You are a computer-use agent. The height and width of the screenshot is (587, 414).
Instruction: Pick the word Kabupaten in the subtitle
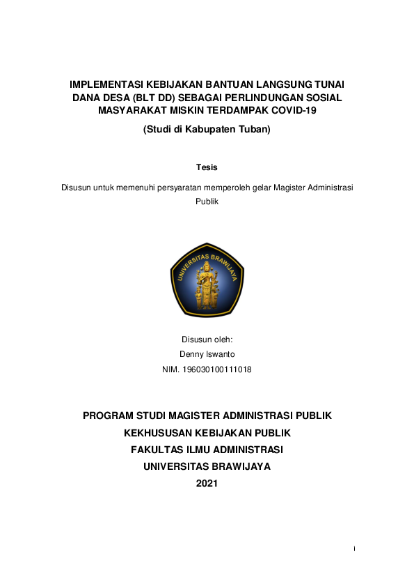[206, 129]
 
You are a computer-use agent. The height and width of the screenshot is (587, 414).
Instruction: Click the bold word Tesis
[207, 167]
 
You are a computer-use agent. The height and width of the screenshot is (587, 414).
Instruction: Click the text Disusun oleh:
[207, 340]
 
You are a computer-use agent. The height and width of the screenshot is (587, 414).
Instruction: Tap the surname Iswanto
[220, 354]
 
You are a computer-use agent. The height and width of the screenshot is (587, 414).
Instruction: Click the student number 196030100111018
[215, 369]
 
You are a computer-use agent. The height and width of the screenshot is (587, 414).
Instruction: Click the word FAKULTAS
[158, 450]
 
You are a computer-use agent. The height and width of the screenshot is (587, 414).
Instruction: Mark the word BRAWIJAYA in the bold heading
[235, 466]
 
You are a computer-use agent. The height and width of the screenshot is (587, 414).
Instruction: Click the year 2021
[207, 483]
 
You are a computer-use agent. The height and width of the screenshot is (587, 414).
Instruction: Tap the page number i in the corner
[354, 549]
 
